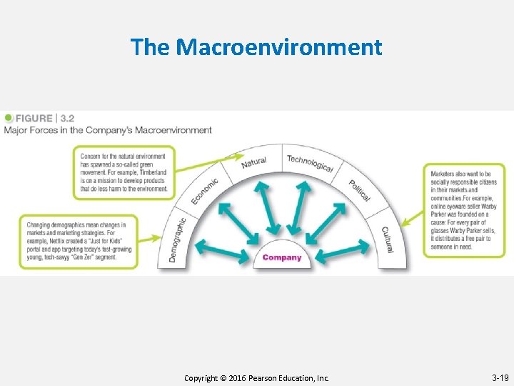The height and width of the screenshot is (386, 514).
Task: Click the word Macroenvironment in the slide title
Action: [x=279, y=48]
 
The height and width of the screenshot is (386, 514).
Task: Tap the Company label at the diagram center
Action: [x=282, y=257]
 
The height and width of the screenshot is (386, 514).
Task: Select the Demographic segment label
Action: [x=177, y=239]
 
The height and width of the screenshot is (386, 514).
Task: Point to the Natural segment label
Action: [x=253, y=163]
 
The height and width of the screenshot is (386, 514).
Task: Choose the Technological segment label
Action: [x=310, y=163]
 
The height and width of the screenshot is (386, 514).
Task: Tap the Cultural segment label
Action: [x=387, y=239]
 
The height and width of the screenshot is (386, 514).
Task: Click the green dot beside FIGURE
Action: [x=9, y=118]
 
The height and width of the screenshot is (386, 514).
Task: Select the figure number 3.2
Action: [x=68, y=119]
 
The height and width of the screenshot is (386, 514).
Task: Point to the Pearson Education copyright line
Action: [x=256, y=377]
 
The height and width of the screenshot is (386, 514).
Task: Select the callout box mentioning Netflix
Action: [x=79, y=241]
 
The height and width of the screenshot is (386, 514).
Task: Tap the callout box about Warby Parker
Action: [x=463, y=211]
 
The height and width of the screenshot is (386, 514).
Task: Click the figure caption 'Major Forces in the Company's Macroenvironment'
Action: [x=108, y=130]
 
